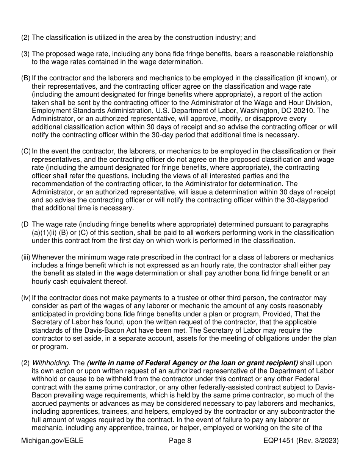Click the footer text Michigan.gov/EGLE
52,441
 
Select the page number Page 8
180,441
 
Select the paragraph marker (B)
26,78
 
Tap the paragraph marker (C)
26,151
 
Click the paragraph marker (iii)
26,257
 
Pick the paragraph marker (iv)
26,298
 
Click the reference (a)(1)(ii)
46,233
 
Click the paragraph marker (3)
25,54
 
